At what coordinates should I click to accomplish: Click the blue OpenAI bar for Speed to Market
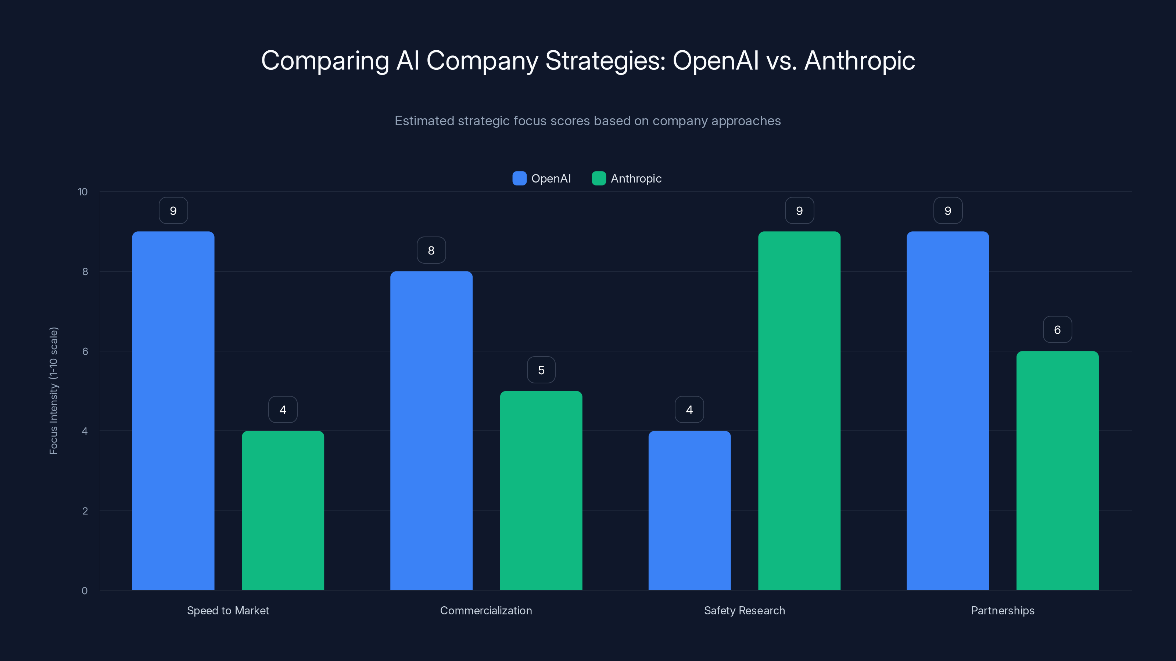point(173,411)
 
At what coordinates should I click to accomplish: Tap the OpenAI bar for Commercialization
point(431,431)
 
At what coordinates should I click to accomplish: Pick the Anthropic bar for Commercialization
point(541,490)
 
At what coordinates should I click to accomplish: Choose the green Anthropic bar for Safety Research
point(799,411)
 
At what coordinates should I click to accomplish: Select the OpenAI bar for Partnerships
point(948,411)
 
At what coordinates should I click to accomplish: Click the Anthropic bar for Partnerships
point(1057,470)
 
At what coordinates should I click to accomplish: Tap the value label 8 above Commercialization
point(431,250)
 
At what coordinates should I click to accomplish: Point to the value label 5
point(541,370)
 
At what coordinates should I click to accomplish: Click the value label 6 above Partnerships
point(1057,329)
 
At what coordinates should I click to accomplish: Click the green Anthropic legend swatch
point(599,178)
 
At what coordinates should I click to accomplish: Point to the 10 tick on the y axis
point(83,192)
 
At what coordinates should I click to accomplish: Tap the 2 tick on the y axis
point(85,511)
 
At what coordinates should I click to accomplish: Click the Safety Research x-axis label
point(744,610)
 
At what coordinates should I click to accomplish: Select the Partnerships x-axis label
point(1003,610)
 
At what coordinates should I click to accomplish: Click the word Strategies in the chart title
point(605,60)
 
